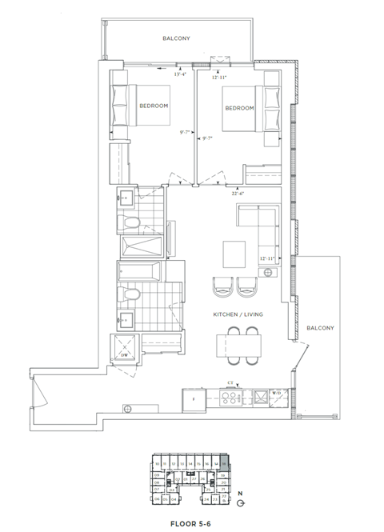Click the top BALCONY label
[x=176, y=38]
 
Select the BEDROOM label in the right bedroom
[x=239, y=108]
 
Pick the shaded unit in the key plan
[x=225, y=462]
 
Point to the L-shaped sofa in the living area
[x=260, y=224]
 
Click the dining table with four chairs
[x=240, y=345]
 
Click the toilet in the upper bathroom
[x=132, y=221]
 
